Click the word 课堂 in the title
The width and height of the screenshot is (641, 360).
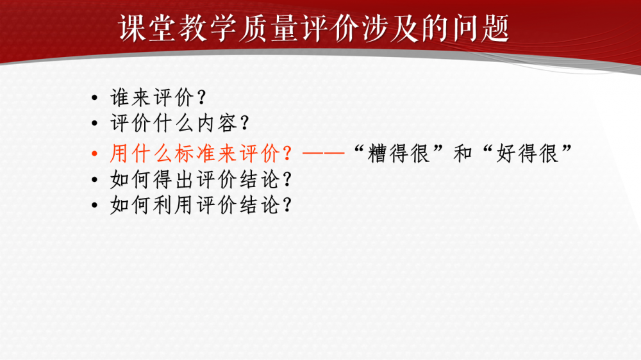[148, 28]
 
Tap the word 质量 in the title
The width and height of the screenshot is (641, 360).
[269, 28]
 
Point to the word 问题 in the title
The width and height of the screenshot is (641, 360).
[480, 28]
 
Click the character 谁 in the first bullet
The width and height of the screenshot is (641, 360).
[121, 97]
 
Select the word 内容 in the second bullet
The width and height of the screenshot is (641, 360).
[217, 123]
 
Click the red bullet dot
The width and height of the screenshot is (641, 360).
[95, 154]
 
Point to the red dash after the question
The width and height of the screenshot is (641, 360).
[324, 154]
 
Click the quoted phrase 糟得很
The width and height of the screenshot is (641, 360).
[399, 154]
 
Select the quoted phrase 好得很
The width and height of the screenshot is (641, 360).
[528, 154]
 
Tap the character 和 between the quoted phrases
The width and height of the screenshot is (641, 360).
[463, 154]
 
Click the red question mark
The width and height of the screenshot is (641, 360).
[287, 154]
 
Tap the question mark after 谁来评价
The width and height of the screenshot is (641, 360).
[201, 97]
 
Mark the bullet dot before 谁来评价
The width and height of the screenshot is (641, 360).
[95, 97]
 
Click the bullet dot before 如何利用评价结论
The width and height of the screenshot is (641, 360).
[95, 205]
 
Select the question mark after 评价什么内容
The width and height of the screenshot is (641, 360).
[245, 123]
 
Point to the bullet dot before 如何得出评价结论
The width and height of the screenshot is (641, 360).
[95, 179]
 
